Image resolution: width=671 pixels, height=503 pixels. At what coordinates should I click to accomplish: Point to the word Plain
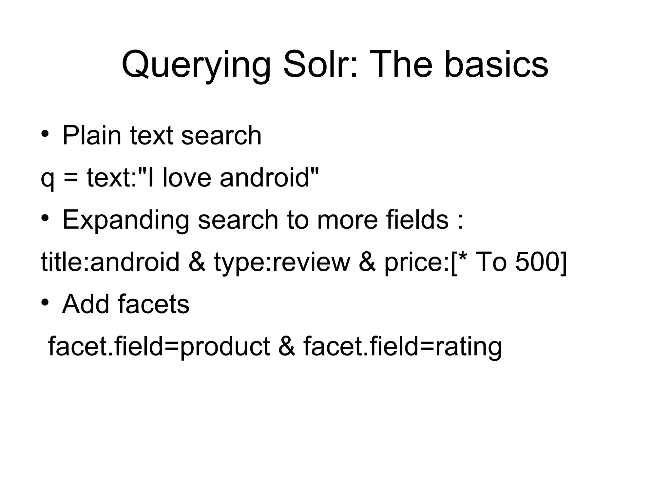click(x=92, y=135)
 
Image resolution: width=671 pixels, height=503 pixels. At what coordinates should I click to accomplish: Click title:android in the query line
click(x=110, y=262)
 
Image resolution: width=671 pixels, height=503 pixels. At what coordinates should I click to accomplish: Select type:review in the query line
click(x=282, y=262)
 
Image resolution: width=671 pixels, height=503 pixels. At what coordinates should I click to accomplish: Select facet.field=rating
click(x=403, y=347)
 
